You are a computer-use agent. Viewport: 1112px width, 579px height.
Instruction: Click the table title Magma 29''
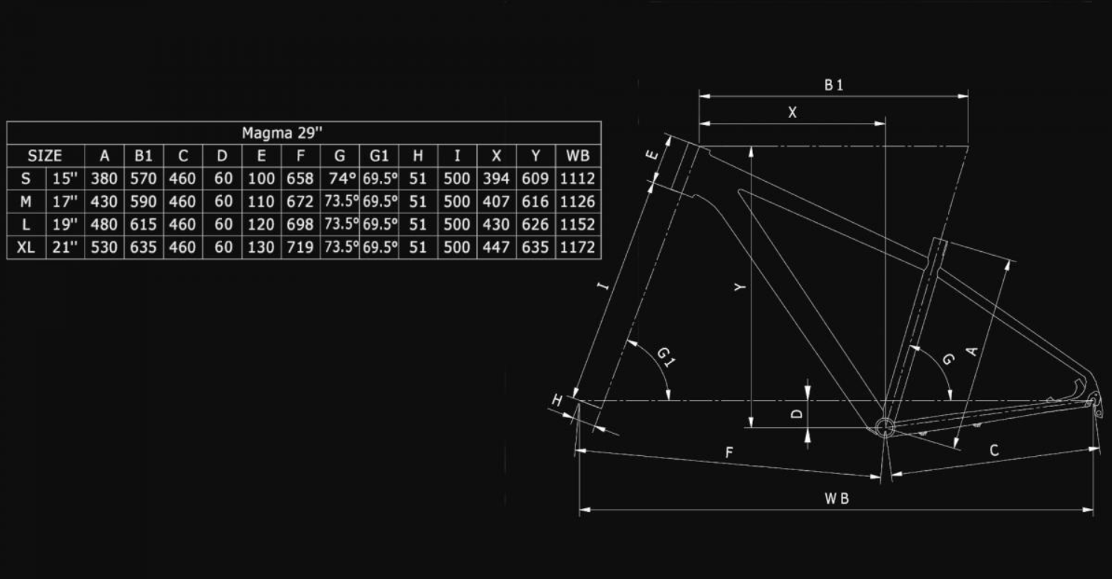pos(282,133)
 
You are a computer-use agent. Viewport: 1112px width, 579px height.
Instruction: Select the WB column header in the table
pos(578,156)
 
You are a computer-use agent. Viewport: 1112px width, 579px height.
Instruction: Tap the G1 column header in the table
pos(379,156)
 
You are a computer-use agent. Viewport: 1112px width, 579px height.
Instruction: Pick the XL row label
pos(26,247)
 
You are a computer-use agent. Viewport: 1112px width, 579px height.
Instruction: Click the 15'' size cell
pos(65,179)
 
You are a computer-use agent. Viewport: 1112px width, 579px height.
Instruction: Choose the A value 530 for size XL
pos(104,247)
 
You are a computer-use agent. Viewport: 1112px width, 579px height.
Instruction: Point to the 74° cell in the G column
pos(343,179)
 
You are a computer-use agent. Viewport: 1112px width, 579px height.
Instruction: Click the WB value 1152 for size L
pos(577,224)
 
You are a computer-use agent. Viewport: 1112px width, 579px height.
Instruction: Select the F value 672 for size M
pos(300,202)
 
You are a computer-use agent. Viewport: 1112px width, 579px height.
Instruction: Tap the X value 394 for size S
pos(497,179)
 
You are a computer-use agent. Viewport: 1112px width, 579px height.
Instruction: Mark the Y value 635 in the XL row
pos(536,247)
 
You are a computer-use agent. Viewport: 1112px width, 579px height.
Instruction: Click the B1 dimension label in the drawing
pos(833,86)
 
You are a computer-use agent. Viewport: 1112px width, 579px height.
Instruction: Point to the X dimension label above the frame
pos(792,113)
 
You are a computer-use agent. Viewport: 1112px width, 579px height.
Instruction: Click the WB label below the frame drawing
pos(836,499)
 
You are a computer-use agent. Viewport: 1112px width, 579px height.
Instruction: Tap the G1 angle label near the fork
pos(666,357)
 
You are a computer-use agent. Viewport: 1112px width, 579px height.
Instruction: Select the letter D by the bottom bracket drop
pos(796,414)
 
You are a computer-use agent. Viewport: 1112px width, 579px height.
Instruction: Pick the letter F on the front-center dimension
pos(729,453)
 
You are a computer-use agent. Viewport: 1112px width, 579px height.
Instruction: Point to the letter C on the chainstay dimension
pos(994,450)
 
